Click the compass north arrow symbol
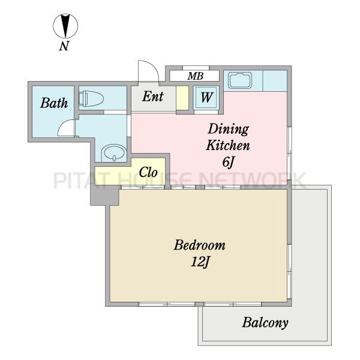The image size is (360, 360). [x=65, y=26]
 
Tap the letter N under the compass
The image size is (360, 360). [x=64, y=46]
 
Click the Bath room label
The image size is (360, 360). [x=54, y=103]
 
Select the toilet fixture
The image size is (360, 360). [x=91, y=99]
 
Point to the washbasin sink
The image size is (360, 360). [x=114, y=152]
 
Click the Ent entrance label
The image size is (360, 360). [x=152, y=97]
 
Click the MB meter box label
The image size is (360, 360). [x=195, y=76]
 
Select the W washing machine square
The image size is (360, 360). [x=206, y=97]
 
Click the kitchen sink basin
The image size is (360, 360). [x=239, y=80]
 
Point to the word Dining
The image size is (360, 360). [x=228, y=129]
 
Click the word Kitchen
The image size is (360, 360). [x=228, y=145]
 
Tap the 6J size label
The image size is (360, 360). [x=228, y=163]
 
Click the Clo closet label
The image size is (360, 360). [x=148, y=172]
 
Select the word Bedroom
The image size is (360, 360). [x=200, y=245]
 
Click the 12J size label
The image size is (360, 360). [x=200, y=262]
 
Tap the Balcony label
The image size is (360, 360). [x=265, y=323]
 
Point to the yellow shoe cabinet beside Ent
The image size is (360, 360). [x=182, y=98]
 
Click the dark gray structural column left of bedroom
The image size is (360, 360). [x=104, y=196]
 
